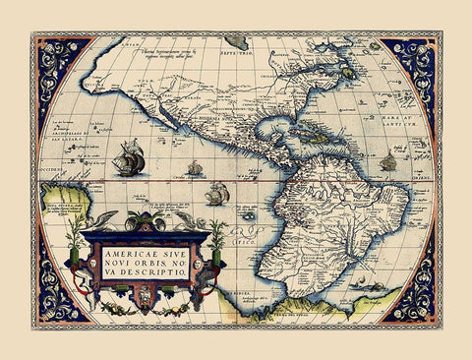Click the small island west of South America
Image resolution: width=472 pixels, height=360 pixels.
click(248, 213)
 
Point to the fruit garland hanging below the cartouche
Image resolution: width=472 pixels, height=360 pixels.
click(147, 306)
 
